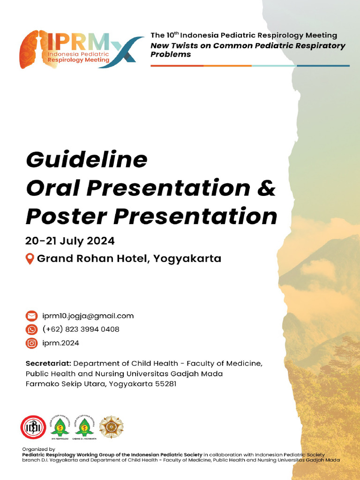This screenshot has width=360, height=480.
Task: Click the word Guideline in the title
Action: click(x=87, y=160)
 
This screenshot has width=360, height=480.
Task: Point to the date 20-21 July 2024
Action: click(x=70, y=241)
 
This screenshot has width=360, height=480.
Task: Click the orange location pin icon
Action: click(x=30, y=259)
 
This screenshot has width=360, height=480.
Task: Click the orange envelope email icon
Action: click(x=31, y=316)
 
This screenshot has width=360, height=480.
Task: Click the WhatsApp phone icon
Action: click(x=31, y=330)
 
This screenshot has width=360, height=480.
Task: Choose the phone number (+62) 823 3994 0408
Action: click(x=81, y=330)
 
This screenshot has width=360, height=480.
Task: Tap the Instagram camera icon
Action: click(x=31, y=343)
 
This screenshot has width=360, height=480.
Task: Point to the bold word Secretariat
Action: click(x=48, y=364)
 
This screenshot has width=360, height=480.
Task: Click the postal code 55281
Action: click(x=165, y=383)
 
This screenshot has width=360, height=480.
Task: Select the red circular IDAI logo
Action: click(x=33, y=427)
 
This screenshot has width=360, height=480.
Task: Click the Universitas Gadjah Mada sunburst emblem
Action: click(x=112, y=427)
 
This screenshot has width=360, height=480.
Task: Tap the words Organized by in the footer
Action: click(x=39, y=449)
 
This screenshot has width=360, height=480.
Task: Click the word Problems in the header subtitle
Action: click(x=171, y=54)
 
